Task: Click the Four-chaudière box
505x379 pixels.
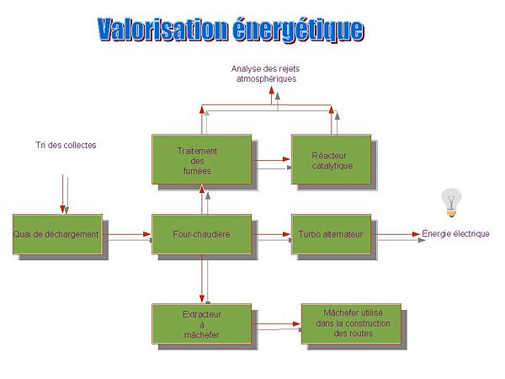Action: pyautogui.click(x=202, y=234)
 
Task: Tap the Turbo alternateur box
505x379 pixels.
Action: pyautogui.click(x=330, y=234)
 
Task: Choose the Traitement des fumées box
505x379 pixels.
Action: pyautogui.click(x=201, y=160)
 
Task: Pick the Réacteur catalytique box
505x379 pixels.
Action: pyautogui.click(x=330, y=160)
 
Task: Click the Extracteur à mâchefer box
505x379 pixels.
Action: pyautogui.click(x=201, y=324)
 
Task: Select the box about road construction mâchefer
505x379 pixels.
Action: pyautogui.click(x=353, y=323)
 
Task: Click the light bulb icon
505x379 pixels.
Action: pyautogui.click(x=452, y=202)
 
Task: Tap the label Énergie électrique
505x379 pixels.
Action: pyautogui.click(x=455, y=234)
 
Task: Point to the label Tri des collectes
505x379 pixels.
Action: pyautogui.click(x=66, y=145)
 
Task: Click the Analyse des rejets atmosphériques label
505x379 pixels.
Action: pyautogui.click(x=266, y=73)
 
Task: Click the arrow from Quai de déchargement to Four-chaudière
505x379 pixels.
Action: pyautogui.click(x=128, y=235)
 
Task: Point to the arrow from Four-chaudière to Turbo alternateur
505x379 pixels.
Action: pyautogui.click(x=271, y=235)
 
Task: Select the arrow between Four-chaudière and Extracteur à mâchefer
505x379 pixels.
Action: pyautogui.click(x=203, y=279)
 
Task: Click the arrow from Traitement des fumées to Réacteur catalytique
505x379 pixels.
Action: pyautogui.click(x=271, y=157)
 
